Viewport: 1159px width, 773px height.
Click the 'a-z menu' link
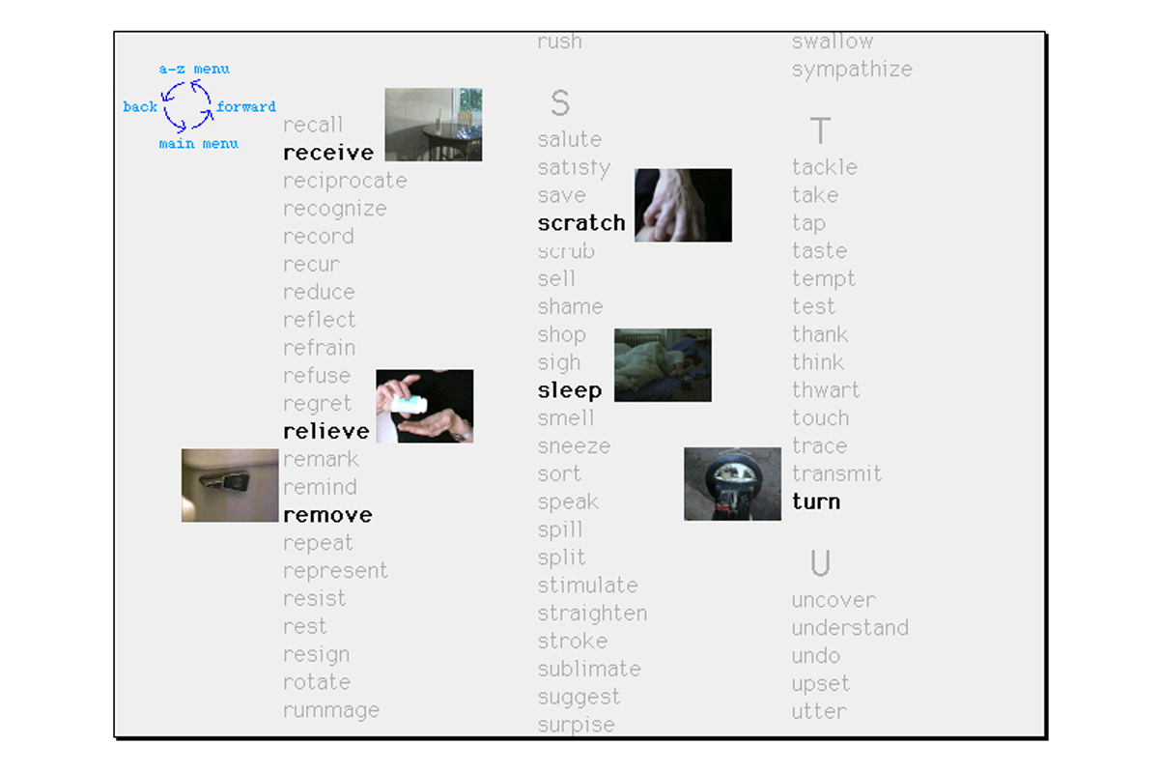click(194, 69)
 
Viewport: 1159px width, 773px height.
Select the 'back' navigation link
click(140, 106)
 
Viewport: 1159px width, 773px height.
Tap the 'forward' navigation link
click(246, 106)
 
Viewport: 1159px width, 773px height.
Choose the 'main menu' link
click(199, 143)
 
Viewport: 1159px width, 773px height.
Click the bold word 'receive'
click(328, 153)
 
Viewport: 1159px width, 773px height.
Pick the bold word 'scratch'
click(581, 223)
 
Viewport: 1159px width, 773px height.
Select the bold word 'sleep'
click(570, 390)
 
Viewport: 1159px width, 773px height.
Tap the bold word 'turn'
click(816, 501)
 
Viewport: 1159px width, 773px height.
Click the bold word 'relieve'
click(326, 431)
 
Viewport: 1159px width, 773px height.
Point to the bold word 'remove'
click(328, 515)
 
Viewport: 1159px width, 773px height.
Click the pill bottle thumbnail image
click(425, 406)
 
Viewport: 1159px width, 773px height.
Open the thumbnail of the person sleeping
click(663, 365)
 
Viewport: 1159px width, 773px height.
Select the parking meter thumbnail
click(733, 484)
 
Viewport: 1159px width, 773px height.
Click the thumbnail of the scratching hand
click(684, 205)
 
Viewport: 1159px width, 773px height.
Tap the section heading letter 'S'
click(560, 102)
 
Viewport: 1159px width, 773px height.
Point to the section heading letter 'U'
click(820, 562)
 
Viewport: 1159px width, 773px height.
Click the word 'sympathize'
click(852, 70)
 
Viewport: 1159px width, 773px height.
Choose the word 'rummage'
click(331, 710)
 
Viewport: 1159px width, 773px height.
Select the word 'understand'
click(850, 628)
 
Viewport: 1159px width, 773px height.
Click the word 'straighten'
click(592, 614)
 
